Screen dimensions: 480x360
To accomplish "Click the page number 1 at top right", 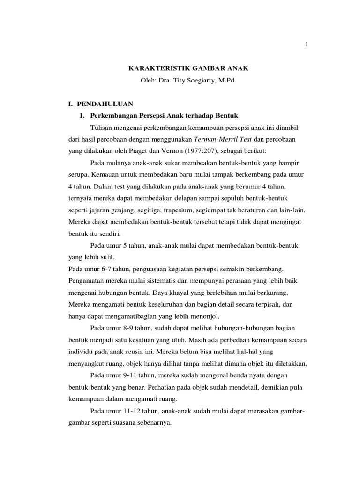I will pyautogui.click(x=306, y=45).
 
